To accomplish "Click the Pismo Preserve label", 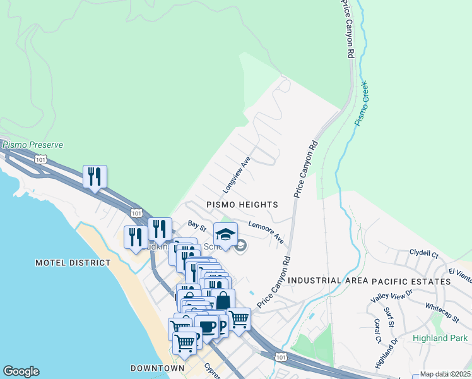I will click(32, 145).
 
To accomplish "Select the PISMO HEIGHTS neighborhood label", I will click(242, 205).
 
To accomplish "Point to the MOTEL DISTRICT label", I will click(69, 262).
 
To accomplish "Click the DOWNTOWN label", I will click(157, 368).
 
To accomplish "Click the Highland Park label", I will click(440, 338).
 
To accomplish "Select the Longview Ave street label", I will click(237, 175).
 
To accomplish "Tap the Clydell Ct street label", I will click(423, 253).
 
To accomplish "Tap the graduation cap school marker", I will click(225, 235).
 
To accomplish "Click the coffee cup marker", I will click(206, 327).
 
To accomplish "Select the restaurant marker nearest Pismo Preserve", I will click(95, 176).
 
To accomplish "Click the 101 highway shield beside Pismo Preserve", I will click(41, 159).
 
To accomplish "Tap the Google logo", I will click(21, 371).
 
